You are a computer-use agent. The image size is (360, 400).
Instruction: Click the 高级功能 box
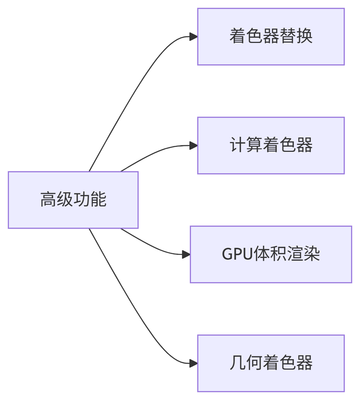[73, 200]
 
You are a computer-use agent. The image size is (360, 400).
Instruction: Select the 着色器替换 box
[271, 37]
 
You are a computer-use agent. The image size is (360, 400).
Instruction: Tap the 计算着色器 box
[271, 146]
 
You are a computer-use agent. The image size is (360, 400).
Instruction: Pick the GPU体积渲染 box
[271, 254]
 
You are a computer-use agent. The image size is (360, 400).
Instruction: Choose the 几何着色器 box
[271, 363]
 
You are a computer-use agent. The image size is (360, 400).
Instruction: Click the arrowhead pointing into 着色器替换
[194, 37]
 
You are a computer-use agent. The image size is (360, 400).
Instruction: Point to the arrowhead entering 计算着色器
[194, 146]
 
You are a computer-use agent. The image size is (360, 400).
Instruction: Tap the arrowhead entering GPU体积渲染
[186, 254]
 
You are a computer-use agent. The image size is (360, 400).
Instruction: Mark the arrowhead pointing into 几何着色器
[194, 363]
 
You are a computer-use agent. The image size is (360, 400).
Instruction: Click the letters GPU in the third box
[237, 254]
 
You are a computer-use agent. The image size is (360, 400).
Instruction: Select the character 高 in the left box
[48, 200]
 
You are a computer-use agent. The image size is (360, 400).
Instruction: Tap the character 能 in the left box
[98, 200]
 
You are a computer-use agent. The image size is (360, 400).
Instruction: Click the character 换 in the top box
[305, 37]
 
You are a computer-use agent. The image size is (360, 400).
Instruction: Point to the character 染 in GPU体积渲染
[312, 254]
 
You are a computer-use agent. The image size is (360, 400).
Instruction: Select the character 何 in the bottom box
[254, 363]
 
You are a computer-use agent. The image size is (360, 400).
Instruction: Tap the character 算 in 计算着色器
[254, 146]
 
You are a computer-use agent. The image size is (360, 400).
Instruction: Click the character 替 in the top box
[288, 37]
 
